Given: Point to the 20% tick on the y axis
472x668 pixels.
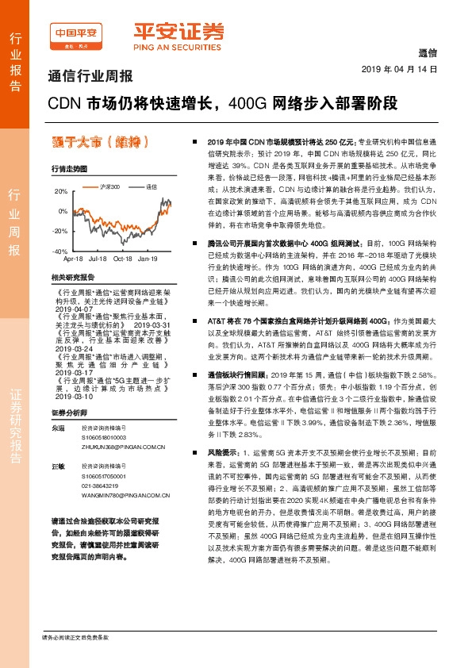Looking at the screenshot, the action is coord(61,192).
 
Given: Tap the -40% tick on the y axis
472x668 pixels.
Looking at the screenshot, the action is coord(59,251).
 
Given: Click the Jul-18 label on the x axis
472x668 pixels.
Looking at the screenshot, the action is coord(98,259).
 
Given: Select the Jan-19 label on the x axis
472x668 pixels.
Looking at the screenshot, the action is coord(148,259).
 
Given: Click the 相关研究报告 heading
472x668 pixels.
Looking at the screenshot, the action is coord(72,277).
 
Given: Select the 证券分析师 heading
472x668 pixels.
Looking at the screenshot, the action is coord(68,413).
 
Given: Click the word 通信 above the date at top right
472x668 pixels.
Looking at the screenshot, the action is coord(427,55).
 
